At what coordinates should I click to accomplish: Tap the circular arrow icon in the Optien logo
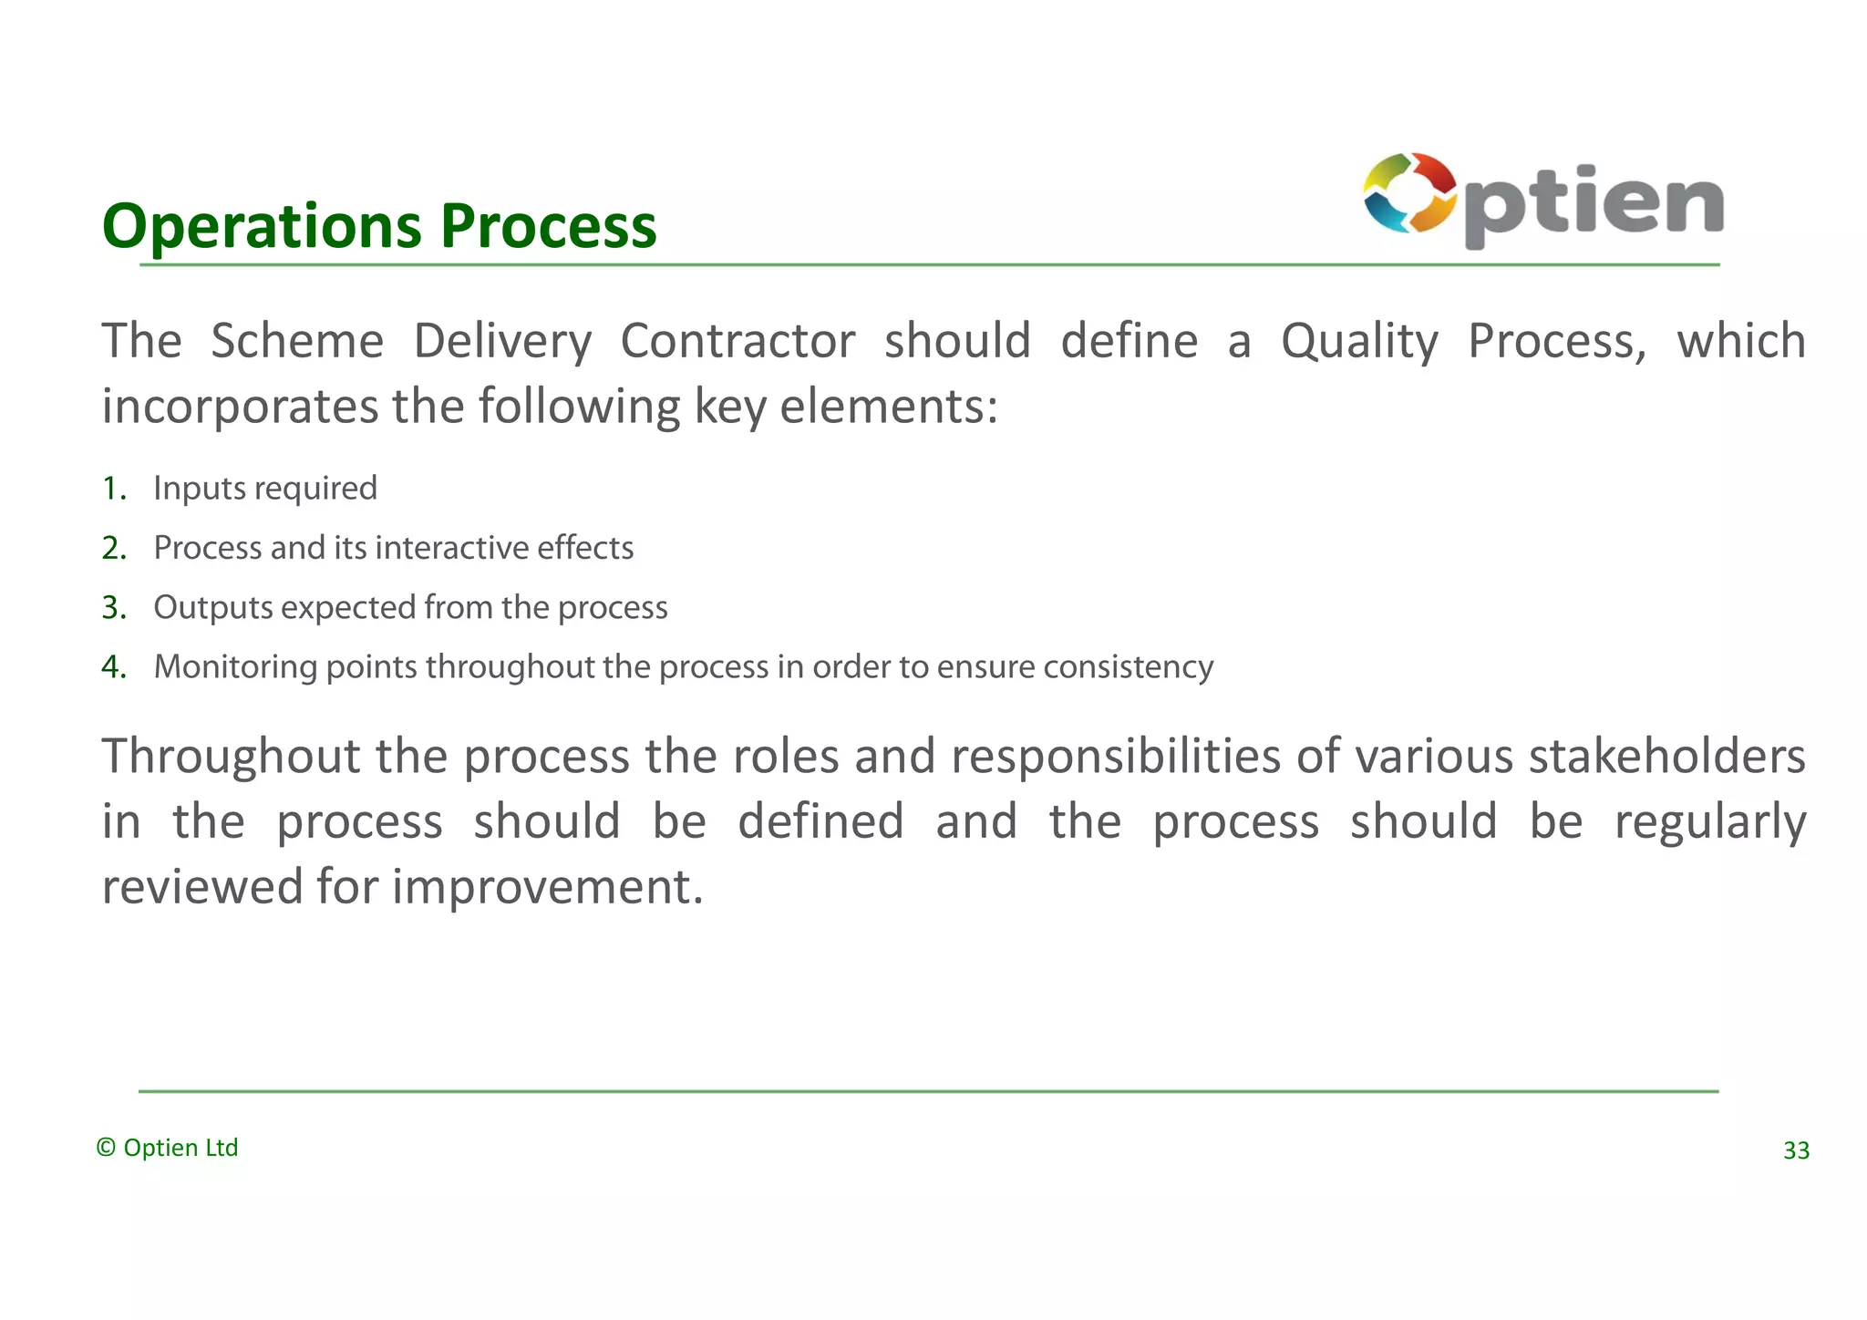click(1408, 193)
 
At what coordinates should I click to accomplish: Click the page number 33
click(1795, 1150)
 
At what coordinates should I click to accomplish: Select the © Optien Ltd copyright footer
click(168, 1148)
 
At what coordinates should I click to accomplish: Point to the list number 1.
click(113, 489)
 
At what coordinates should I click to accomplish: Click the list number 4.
click(113, 667)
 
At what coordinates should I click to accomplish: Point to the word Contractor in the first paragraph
click(738, 342)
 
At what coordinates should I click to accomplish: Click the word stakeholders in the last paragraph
click(1667, 757)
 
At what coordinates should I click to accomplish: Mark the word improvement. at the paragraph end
click(548, 887)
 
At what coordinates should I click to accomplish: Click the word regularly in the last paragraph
click(1710, 822)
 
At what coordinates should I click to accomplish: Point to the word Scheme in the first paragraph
click(297, 342)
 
